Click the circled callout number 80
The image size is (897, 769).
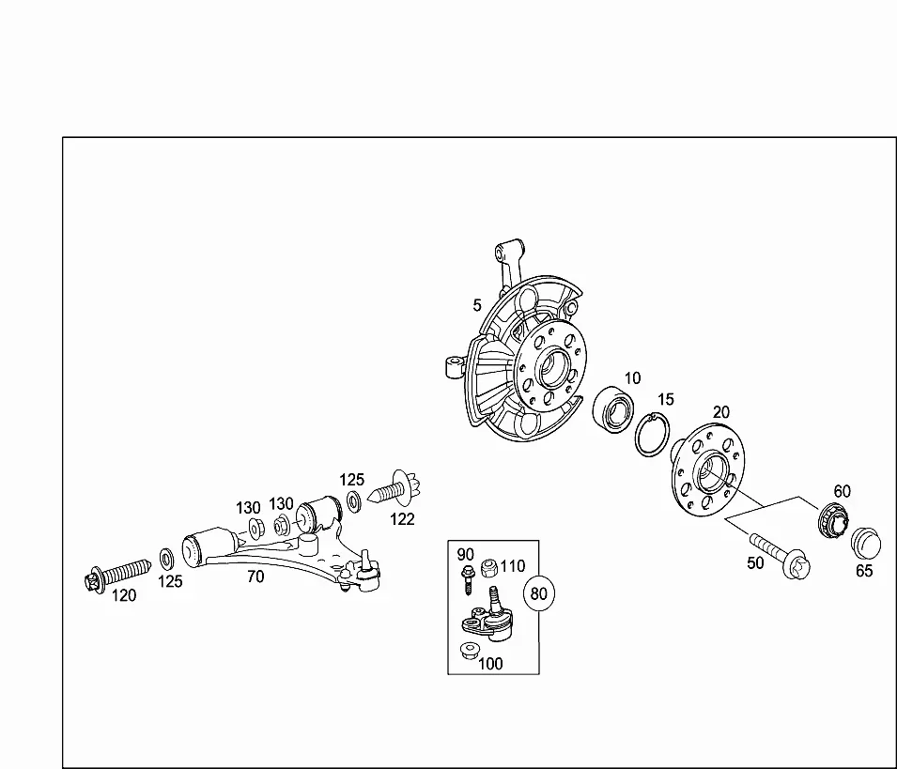click(539, 593)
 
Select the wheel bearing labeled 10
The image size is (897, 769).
click(612, 409)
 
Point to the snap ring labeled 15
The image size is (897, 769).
click(652, 435)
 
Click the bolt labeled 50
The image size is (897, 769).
click(781, 556)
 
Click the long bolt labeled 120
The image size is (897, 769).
click(117, 573)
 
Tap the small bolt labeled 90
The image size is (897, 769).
click(468, 578)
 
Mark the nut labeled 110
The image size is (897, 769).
click(488, 568)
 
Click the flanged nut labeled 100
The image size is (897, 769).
click(469, 651)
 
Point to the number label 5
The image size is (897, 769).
click(477, 306)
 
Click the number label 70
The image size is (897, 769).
click(255, 577)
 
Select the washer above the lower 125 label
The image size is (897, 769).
click(166, 559)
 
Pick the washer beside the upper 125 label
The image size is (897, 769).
click(354, 500)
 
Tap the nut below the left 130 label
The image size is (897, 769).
click(255, 529)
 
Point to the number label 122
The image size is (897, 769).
click(402, 519)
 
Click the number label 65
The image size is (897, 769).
click(864, 571)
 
